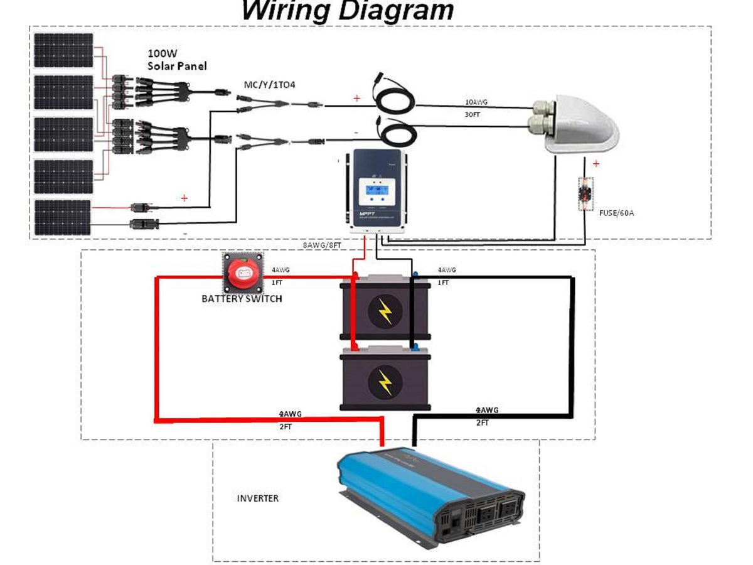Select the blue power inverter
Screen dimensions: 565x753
click(x=430, y=496)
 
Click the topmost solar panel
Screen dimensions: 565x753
click(x=63, y=50)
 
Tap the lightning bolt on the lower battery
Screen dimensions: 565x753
click(x=385, y=381)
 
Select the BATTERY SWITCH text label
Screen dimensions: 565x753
click(x=242, y=299)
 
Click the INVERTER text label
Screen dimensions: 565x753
click(x=257, y=498)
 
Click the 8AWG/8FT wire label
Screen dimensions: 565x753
click(x=322, y=245)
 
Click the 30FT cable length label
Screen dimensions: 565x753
click(x=473, y=116)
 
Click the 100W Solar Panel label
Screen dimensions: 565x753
click(x=177, y=60)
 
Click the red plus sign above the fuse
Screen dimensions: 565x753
click(x=595, y=164)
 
